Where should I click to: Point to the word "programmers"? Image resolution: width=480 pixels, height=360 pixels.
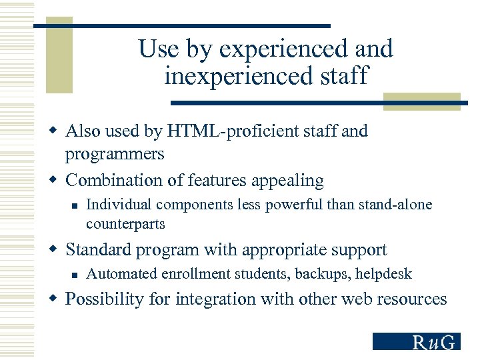coord(114,154)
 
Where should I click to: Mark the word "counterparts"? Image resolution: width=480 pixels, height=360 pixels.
coord(125,223)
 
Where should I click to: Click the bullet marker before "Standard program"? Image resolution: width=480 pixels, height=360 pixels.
coord(55,250)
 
